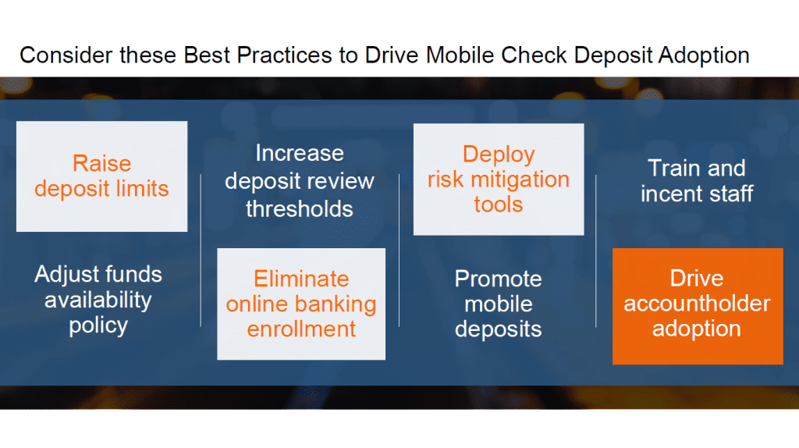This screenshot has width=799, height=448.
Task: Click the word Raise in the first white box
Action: point(102,164)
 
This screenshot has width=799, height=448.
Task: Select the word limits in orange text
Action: point(142,189)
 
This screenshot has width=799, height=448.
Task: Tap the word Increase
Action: point(300,153)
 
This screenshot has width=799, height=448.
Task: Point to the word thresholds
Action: point(300,209)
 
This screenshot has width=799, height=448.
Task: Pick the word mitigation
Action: point(520,180)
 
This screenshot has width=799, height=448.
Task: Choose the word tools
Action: point(499,204)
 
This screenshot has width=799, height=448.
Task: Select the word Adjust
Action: point(64,275)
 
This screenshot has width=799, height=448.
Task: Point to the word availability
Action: point(98,300)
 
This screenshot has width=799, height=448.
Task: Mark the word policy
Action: point(98,325)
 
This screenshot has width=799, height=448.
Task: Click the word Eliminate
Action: point(301,279)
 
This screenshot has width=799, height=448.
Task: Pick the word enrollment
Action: point(301,329)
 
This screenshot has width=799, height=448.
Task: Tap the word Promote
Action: point(499,279)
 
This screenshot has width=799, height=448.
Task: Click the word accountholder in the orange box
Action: point(697,304)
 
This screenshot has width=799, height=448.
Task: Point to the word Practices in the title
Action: point(284,55)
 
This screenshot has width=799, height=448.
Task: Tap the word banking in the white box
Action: point(338,305)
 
